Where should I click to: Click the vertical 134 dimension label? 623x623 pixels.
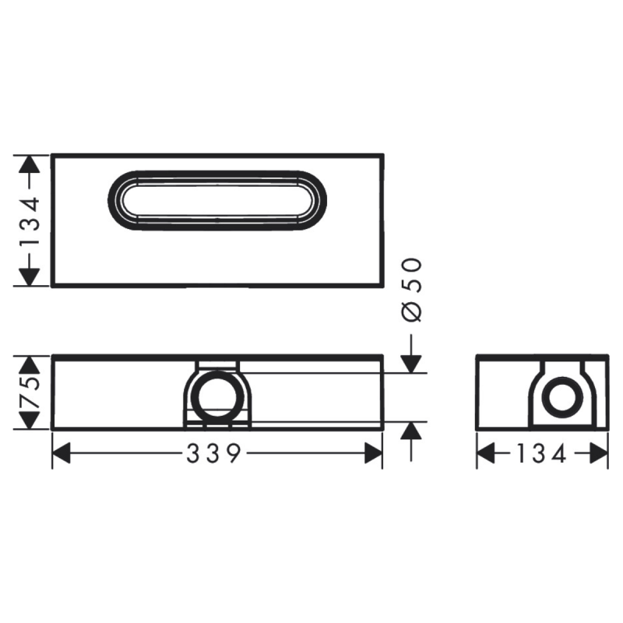(29, 221)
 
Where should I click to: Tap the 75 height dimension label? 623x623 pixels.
(29, 393)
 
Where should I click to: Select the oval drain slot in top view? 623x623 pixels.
(216, 200)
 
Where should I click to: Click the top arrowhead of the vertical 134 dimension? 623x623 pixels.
(29, 164)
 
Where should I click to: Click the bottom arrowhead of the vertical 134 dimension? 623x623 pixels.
(29, 276)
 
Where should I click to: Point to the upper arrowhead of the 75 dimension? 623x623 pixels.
(29, 364)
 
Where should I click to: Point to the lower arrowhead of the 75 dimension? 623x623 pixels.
(29, 420)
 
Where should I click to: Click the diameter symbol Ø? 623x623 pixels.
(414, 311)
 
